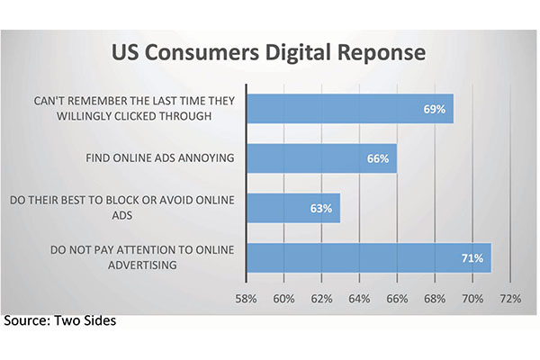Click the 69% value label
pos(435,109)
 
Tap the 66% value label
pos(378,158)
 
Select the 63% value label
pos(321,209)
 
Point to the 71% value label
pos(472,258)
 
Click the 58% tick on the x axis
pos(246,298)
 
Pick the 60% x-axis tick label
pos(283,298)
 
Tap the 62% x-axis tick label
pos(321,298)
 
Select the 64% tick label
pos(359,298)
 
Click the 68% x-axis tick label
pos(435,298)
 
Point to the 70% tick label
pos(472,298)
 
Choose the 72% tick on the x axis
pos(510,298)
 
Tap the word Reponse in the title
pos(382,53)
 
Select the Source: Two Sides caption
pos(60,320)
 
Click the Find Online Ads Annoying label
pos(160,158)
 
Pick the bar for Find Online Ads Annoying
pos(322,158)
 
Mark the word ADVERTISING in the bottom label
pos(142,265)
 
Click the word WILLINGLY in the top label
pos(84,116)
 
